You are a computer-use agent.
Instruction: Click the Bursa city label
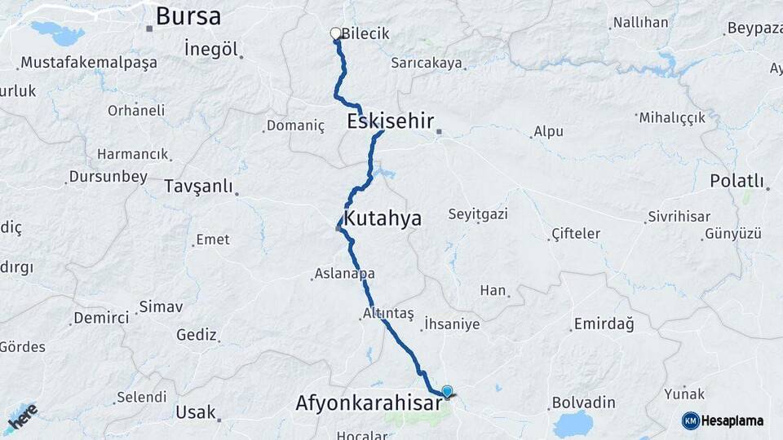pyautogui.click(x=188, y=15)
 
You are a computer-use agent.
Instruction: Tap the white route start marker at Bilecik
pyautogui.click(x=335, y=33)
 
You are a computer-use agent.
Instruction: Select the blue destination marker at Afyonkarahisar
pyautogui.click(x=447, y=391)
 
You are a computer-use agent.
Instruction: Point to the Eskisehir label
pyautogui.click(x=390, y=121)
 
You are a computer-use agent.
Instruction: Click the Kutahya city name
pyautogui.click(x=382, y=218)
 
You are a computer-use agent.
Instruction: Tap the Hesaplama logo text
pyautogui.click(x=732, y=420)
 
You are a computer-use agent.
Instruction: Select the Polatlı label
pyautogui.click(x=737, y=180)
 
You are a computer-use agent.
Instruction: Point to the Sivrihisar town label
pyautogui.click(x=679, y=217)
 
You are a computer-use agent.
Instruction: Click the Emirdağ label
pyautogui.click(x=604, y=323)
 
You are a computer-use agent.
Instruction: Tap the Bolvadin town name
pyautogui.click(x=583, y=403)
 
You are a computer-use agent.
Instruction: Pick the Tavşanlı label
pyautogui.click(x=198, y=186)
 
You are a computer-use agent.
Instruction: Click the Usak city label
pyautogui.click(x=196, y=412)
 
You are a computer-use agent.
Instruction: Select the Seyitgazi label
pyautogui.click(x=478, y=214)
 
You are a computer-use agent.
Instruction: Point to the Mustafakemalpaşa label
pyautogui.click(x=89, y=63)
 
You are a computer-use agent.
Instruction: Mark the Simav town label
pyautogui.click(x=161, y=306)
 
